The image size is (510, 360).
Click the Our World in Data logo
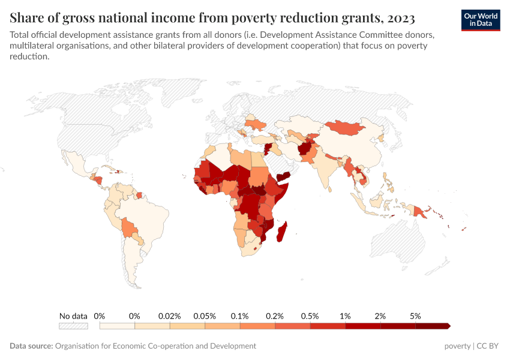tap(480, 20)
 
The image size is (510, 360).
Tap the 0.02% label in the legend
tap(170, 316)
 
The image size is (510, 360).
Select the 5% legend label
tap(415, 316)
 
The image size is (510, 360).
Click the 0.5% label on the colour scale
tap(310, 316)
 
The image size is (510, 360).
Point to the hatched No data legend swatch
tap(73, 326)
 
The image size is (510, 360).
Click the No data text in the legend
tap(73, 316)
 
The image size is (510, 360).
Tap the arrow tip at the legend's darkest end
tap(448, 326)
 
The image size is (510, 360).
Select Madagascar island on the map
tap(281, 233)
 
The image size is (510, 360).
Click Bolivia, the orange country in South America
tap(128, 227)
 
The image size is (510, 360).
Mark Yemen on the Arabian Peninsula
tap(281, 175)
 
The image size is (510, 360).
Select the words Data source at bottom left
tap(31, 346)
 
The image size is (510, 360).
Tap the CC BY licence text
tap(488, 346)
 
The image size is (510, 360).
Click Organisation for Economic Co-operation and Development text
tap(155, 346)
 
